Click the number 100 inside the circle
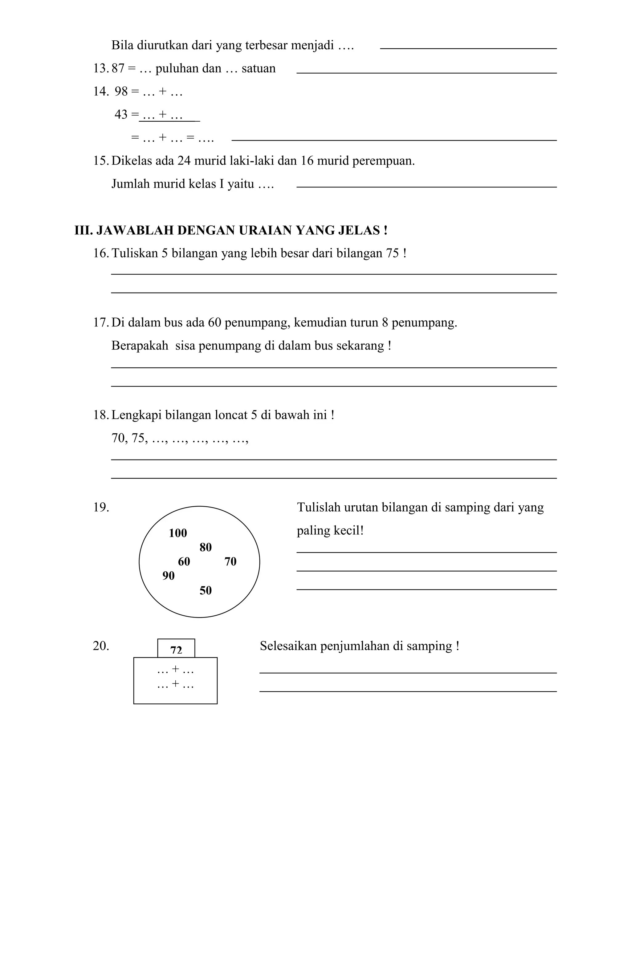click(x=178, y=533)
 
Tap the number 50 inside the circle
click(x=206, y=590)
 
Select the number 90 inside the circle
click(x=168, y=576)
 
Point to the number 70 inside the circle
click(x=230, y=561)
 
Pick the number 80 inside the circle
click(x=206, y=548)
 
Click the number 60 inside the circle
click(x=184, y=561)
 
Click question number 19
click(x=101, y=508)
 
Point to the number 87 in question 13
click(x=118, y=68)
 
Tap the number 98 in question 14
click(x=121, y=91)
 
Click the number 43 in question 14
click(x=121, y=115)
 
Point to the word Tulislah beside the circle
click(x=319, y=508)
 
